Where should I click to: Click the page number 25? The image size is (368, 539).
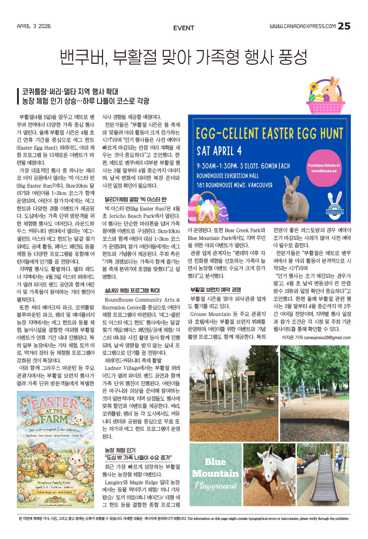pyautogui.click(x=344, y=26)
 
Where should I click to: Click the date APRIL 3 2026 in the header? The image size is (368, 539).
pyautogui.click(x=34, y=26)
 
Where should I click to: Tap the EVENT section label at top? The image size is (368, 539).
pyautogui.click(x=184, y=28)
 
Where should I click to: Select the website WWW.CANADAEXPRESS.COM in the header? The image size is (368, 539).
pyautogui.click(x=302, y=26)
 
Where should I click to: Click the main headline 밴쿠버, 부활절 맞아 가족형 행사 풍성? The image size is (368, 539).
pyautogui.click(x=184, y=57)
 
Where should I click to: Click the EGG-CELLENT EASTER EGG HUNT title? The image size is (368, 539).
pyautogui.click(x=269, y=134)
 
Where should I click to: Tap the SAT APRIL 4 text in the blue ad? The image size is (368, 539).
pyautogui.click(x=219, y=151)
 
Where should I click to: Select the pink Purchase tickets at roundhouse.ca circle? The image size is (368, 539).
pyautogui.click(x=324, y=168)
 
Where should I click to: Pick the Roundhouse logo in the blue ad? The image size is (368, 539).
pyautogui.click(x=334, y=203)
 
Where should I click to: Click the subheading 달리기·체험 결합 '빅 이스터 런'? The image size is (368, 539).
pyautogui.click(x=135, y=199)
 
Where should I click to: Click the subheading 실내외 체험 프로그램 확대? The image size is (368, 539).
pyautogui.click(x=132, y=291)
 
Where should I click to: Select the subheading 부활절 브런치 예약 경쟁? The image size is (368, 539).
pyautogui.click(x=215, y=290)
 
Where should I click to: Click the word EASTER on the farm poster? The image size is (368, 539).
pyautogui.click(x=55, y=403)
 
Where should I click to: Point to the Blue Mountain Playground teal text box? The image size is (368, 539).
pyautogui.click(x=215, y=474)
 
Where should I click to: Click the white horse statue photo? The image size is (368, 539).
pyautogui.click(x=269, y=474)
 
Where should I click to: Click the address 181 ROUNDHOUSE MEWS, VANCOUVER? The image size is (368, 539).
pyautogui.click(x=234, y=185)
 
